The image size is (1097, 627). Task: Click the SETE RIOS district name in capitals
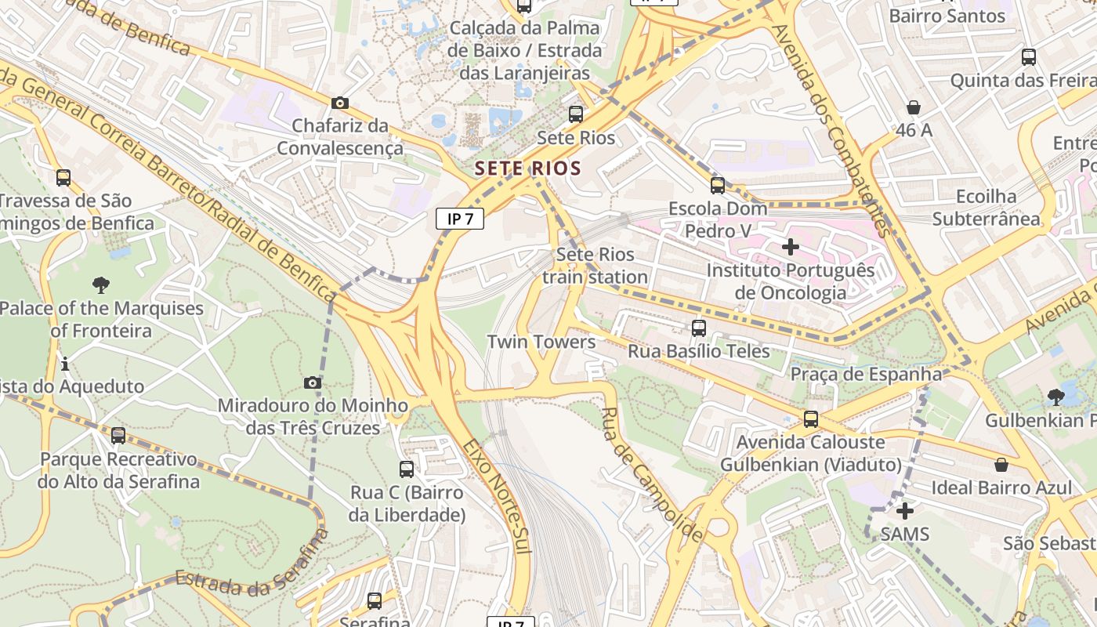point(528,168)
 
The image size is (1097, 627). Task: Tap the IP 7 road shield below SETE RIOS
point(460,219)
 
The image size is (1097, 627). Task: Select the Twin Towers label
point(541,342)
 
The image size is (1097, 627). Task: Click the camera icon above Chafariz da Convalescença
point(340,103)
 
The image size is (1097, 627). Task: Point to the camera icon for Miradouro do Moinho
point(313,382)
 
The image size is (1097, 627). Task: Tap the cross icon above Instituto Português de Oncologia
point(791,247)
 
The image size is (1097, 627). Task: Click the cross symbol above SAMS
point(905,511)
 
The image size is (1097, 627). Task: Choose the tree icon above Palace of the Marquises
point(101,285)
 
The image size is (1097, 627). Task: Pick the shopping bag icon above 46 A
point(914,107)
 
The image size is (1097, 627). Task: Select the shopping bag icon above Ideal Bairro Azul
point(1001,465)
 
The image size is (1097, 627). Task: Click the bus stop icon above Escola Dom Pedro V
point(718,186)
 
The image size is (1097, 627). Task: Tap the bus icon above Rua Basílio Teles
point(699,328)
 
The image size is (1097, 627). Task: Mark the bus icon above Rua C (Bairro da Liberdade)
point(407,469)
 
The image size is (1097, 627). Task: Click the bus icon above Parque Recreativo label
point(118,435)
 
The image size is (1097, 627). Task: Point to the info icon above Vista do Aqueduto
point(65,364)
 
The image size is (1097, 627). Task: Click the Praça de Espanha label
point(866,374)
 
